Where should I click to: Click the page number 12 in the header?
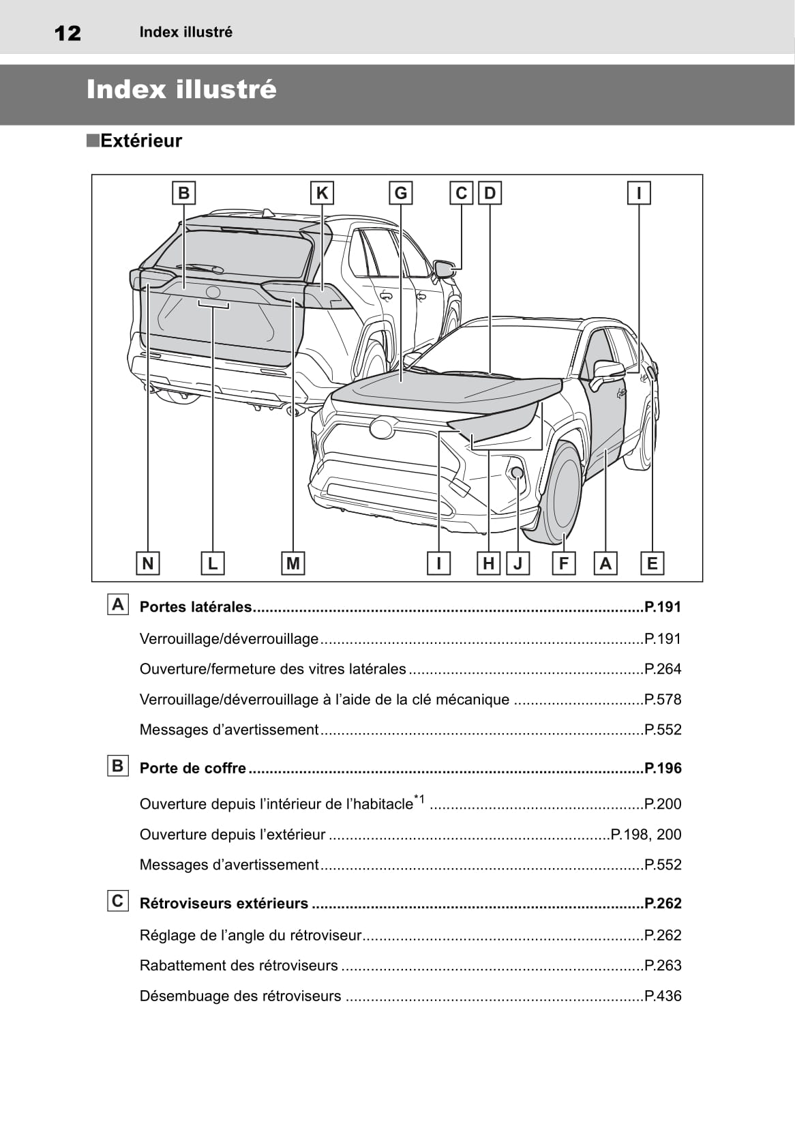click(67, 33)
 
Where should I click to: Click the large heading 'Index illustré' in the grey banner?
click(181, 90)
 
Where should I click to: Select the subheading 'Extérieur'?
click(140, 141)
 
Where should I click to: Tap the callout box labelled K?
click(322, 193)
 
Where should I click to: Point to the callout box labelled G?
click(400, 193)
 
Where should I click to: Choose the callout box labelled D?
click(490, 193)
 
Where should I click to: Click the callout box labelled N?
click(147, 563)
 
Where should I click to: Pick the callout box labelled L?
click(213, 563)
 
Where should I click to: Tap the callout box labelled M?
click(292, 563)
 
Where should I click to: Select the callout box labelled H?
click(488, 563)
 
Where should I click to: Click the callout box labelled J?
click(518, 563)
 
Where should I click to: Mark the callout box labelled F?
click(563, 563)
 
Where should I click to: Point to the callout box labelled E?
click(652, 563)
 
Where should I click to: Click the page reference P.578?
click(663, 700)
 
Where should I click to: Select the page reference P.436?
click(663, 996)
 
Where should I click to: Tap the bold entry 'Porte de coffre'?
click(193, 769)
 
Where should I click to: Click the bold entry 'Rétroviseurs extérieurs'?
click(224, 904)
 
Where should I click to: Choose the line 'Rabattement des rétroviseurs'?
click(239, 966)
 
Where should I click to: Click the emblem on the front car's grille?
click(382, 428)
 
